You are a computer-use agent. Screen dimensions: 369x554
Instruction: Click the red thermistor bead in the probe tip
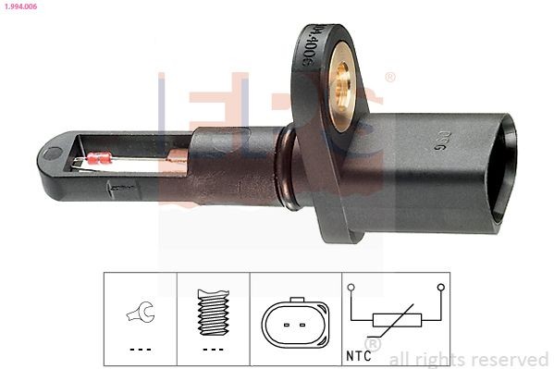tap(95, 160)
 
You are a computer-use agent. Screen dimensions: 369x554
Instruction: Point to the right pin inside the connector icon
tap(302, 325)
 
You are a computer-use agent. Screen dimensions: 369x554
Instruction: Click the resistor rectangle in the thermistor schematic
tap(396, 322)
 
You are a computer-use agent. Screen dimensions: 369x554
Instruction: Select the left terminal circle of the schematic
tap(352, 288)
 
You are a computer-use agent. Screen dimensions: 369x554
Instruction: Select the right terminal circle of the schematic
tap(440, 288)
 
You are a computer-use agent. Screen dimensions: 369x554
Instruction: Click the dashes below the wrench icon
tap(140, 350)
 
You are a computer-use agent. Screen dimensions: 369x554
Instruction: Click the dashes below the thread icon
tap(213, 350)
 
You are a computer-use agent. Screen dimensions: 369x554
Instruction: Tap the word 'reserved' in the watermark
tap(508, 359)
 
